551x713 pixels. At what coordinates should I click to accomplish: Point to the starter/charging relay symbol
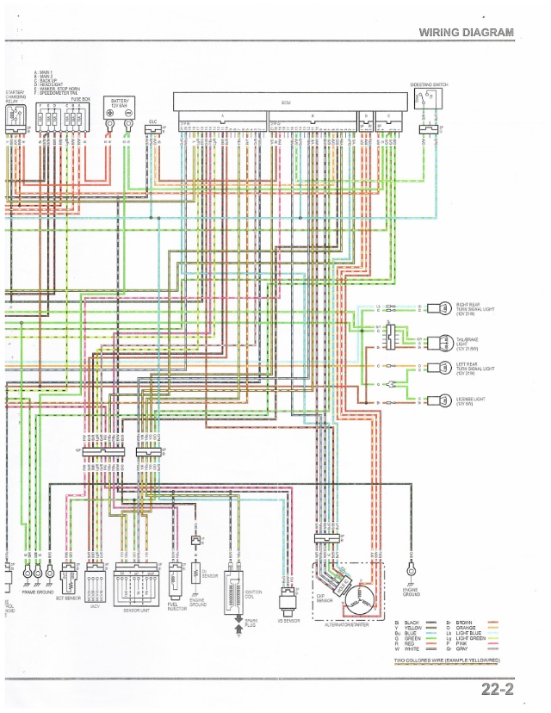pyautogui.click(x=15, y=126)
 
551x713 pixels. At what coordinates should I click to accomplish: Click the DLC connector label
pyautogui.click(x=152, y=121)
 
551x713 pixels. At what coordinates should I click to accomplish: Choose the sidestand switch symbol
pyautogui.click(x=427, y=101)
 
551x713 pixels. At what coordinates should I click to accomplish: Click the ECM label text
pyautogui.click(x=286, y=102)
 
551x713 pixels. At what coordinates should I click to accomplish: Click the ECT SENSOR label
pyautogui.click(x=68, y=597)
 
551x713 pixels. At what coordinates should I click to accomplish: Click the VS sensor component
pyautogui.click(x=288, y=596)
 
